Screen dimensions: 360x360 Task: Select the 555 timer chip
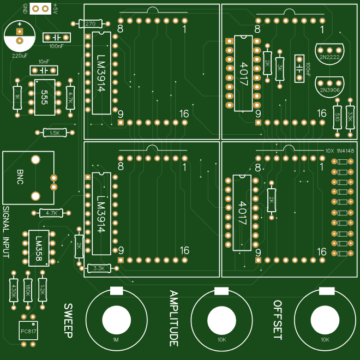point(44,97)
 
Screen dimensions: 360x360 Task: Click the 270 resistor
point(90,23)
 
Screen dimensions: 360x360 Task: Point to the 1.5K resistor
point(55,133)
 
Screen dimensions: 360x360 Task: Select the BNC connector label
point(20,177)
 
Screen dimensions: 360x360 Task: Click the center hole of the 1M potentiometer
point(116,320)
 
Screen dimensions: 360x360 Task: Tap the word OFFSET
point(277,320)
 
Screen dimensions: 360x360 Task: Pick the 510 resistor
point(337,117)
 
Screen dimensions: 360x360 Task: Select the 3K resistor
point(280,68)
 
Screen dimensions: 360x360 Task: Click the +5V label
point(56,8)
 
